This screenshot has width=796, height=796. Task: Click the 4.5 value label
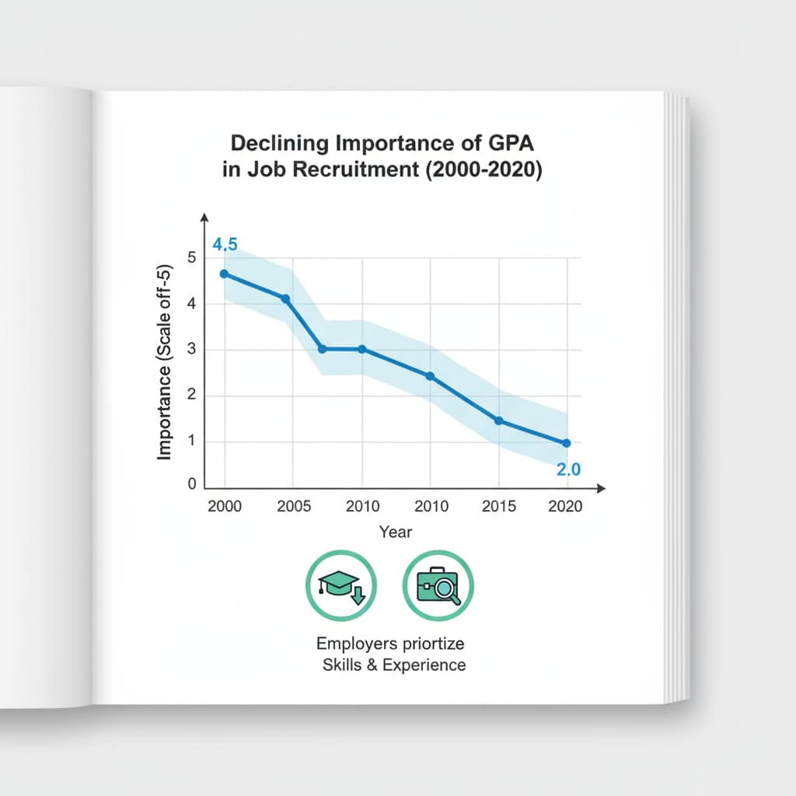coord(225,245)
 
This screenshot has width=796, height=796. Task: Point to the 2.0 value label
coord(567,470)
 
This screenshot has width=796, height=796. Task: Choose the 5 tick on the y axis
coord(192,259)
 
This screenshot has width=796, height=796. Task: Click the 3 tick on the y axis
coord(192,350)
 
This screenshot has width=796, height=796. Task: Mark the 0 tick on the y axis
coord(192,484)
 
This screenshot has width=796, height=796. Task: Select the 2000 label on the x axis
coord(225,506)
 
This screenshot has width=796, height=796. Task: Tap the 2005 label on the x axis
coord(295,506)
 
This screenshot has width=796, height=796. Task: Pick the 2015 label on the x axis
coord(498,506)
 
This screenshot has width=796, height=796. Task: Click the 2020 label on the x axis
coord(566,506)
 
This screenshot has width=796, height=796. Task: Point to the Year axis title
coord(396,532)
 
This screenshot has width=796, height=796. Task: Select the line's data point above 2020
coord(566,443)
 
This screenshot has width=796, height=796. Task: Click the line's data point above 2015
coord(498,421)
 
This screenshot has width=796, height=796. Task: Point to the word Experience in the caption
coord(428,665)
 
